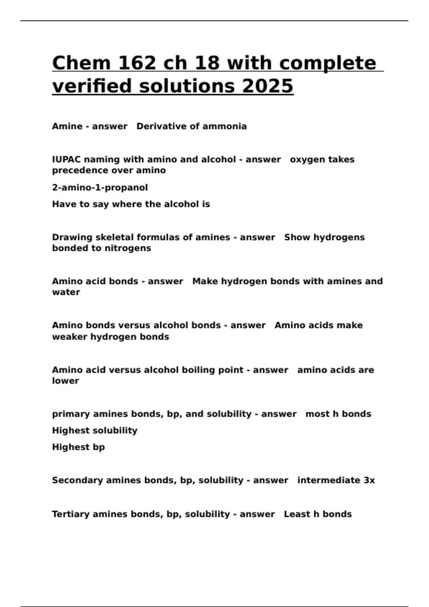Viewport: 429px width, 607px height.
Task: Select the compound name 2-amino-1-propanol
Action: pyautogui.click(x=100, y=187)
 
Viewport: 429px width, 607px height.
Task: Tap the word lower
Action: pyautogui.click(x=65, y=381)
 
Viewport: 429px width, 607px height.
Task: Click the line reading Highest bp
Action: pyautogui.click(x=78, y=447)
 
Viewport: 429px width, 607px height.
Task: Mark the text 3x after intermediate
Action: pyautogui.click(x=369, y=480)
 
